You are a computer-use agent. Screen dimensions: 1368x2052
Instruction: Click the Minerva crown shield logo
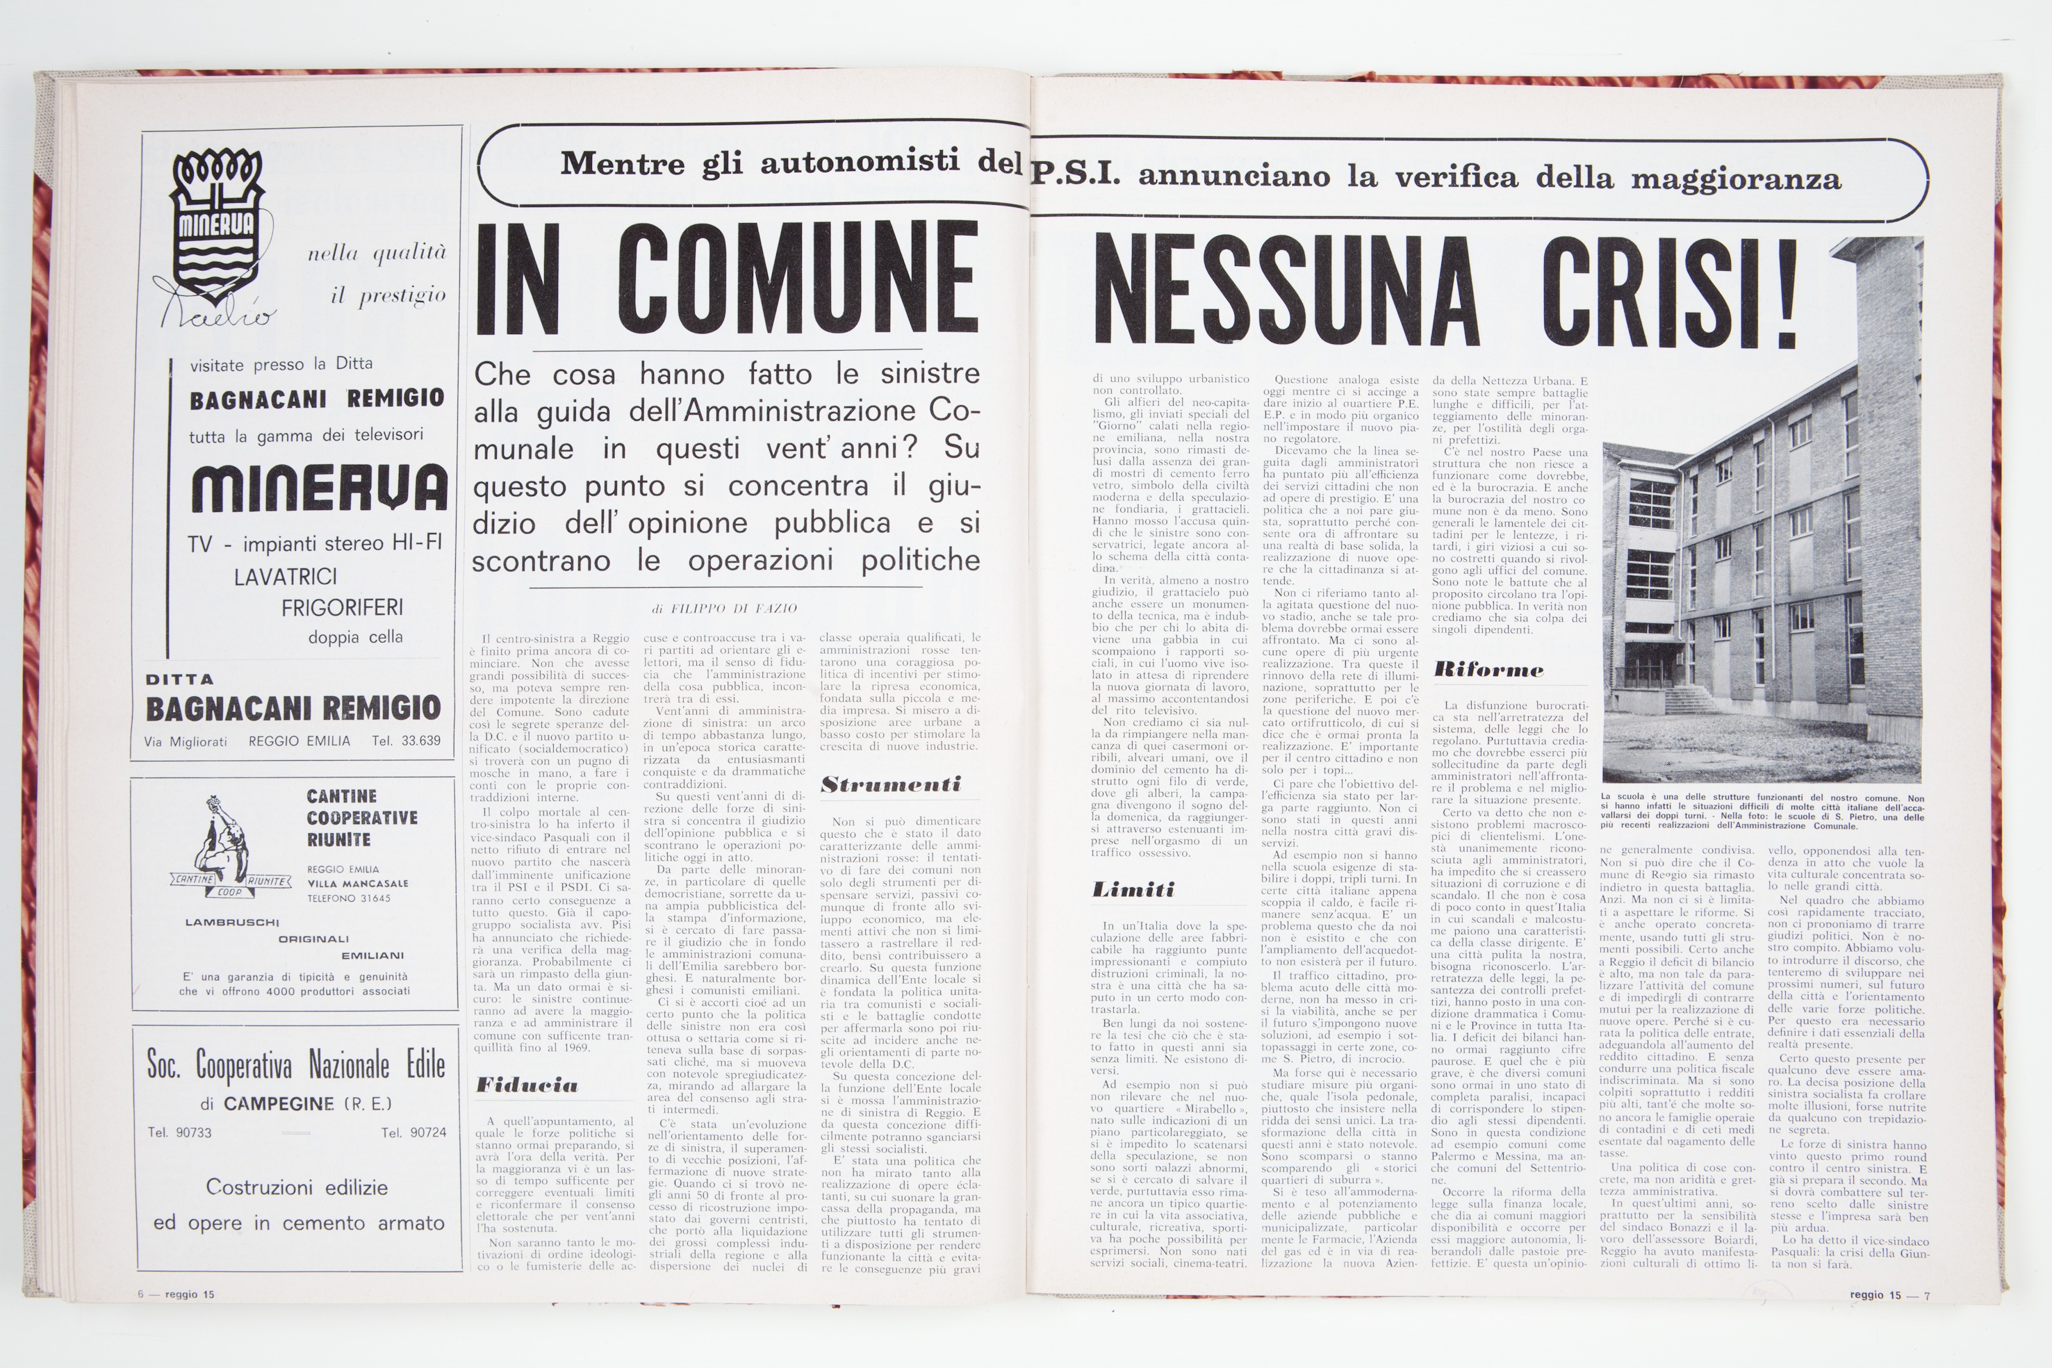(216, 226)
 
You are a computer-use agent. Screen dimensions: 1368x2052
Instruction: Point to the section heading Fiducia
(527, 1085)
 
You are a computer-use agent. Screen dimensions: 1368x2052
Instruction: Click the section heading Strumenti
(890, 784)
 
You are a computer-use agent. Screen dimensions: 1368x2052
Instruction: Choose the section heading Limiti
(1133, 890)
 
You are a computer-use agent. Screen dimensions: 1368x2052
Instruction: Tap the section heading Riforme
(1488, 670)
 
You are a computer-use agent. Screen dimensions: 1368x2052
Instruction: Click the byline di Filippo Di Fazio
(724, 608)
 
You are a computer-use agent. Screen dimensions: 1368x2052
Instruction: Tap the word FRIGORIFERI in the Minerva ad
(342, 607)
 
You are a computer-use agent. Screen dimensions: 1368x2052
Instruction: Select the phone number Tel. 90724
(413, 1132)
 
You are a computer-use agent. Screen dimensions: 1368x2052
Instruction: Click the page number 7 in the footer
(1927, 1296)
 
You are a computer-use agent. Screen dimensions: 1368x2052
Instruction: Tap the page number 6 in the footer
(140, 1295)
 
